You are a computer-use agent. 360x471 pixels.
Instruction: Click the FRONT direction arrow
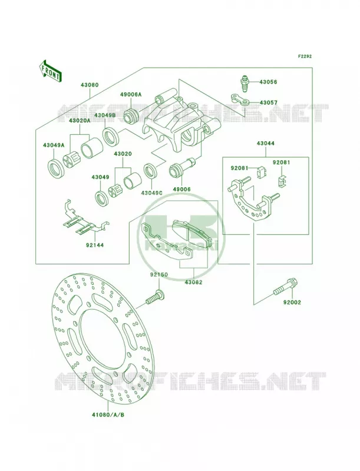[x=50, y=71]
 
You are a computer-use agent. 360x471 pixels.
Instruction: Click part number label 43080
[x=89, y=85]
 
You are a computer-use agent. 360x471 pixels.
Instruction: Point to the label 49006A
[x=131, y=95]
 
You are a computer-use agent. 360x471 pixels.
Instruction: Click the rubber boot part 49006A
[x=131, y=115]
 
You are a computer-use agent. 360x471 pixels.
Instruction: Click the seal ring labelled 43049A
[x=56, y=169]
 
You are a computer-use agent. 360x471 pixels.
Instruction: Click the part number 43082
[x=193, y=283]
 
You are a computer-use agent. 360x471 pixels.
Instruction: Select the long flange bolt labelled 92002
[x=283, y=287]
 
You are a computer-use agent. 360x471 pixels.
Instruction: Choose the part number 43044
[x=266, y=144]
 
